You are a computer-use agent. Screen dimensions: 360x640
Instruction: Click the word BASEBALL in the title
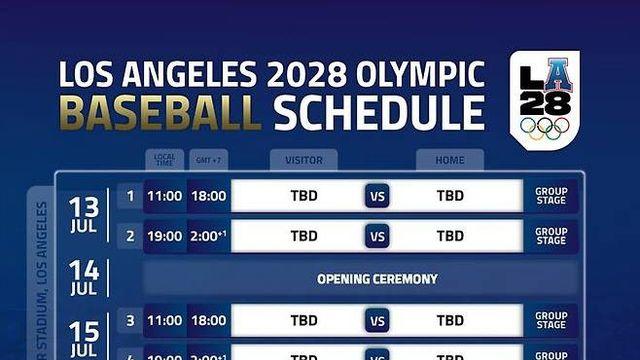click(x=160, y=114)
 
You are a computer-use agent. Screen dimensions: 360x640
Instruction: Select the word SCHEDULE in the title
click(x=380, y=114)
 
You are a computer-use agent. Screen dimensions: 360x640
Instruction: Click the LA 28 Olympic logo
click(x=543, y=100)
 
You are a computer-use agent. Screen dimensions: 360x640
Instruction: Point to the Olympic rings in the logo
click(x=543, y=129)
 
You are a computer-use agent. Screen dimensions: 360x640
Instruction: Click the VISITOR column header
click(x=303, y=160)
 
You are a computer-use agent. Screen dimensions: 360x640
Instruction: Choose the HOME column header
click(x=449, y=160)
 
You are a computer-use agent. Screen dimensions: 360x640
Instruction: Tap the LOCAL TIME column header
click(x=164, y=160)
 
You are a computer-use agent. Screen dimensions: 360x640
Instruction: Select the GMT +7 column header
click(x=208, y=160)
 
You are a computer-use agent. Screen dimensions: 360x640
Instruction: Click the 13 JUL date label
click(x=84, y=213)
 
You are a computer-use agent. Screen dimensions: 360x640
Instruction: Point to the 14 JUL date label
click(x=84, y=278)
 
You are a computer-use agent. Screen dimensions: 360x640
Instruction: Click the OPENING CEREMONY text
click(x=377, y=279)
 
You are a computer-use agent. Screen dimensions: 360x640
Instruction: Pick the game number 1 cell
click(x=130, y=195)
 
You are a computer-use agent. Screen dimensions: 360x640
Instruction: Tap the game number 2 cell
click(x=130, y=237)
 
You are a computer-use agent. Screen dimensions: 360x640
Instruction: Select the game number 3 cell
click(x=130, y=321)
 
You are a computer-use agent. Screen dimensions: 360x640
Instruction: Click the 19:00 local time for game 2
click(x=164, y=237)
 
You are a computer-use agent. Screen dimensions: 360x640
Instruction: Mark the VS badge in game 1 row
click(x=377, y=196)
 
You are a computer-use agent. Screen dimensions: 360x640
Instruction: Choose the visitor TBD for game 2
click(x=304, y=237)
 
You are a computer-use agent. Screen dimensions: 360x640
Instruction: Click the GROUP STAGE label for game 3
click(x=551, y=321)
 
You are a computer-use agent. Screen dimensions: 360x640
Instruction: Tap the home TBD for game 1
click(x=450, y=196)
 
